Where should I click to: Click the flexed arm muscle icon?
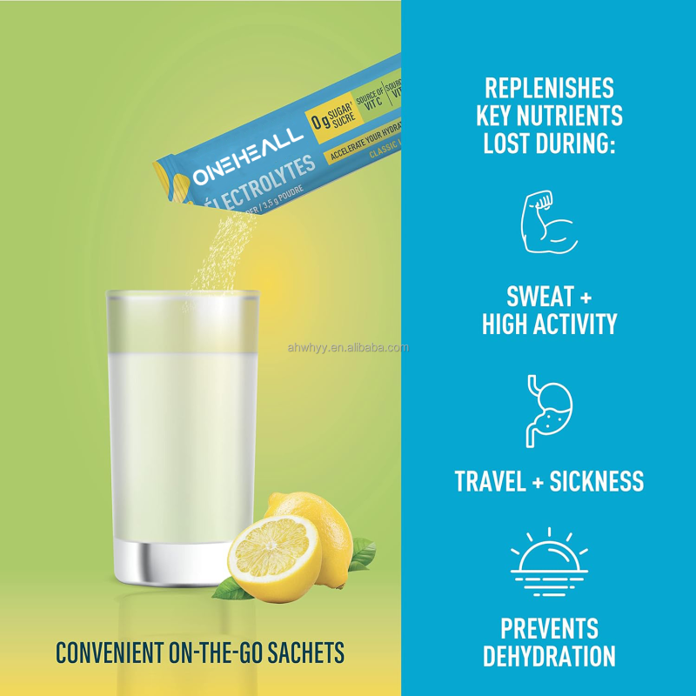pyautogui.click(x=548, y=224)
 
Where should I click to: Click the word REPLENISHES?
pyautogui.click(x=549, y=88)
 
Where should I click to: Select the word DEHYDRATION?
pyautogui.click(x=549, y=654)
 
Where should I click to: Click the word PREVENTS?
pyautogui.click(x=549, y=627)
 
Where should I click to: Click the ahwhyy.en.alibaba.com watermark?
pyautogui.click(x=347, y=348)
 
